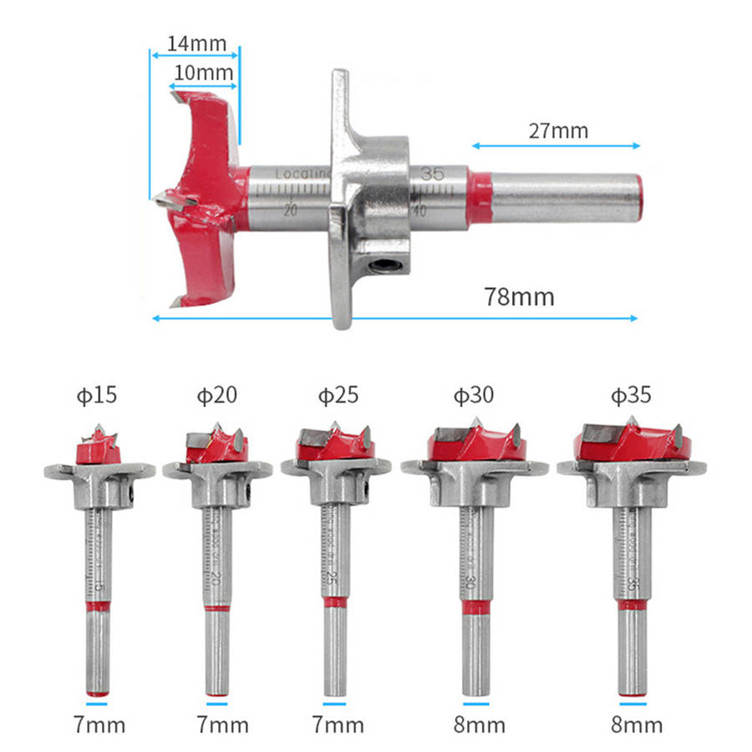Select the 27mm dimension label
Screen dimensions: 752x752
click(x=557, y=130)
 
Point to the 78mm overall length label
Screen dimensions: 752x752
click(x=518, y=297)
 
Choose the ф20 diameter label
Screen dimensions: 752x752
click(x=217, y=394)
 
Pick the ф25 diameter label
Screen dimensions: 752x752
click(x=338, y=394)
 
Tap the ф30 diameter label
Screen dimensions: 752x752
click(x=474, y=394)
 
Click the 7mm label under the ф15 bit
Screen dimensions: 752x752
click(x=97, y=724)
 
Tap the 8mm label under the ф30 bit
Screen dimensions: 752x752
click(x=475, y=724)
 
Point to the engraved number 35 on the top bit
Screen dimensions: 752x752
click(x=432, y=175)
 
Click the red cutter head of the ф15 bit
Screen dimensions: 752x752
click(x=98, y=451)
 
